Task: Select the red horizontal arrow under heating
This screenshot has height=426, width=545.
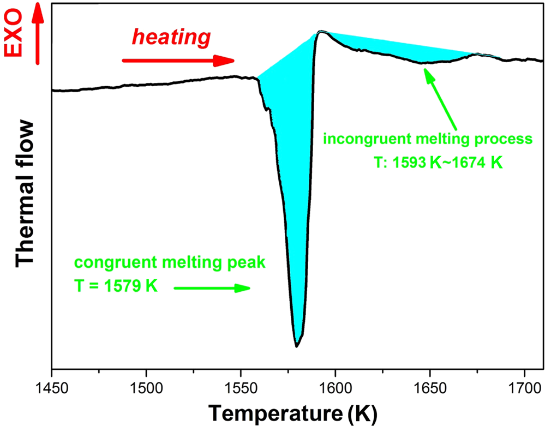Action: click(178, 61)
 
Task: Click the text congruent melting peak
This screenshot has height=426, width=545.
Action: click(170, 263)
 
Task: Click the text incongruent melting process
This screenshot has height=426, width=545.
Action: click(427, 139)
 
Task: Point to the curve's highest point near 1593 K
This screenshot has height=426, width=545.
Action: click(322, 32)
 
